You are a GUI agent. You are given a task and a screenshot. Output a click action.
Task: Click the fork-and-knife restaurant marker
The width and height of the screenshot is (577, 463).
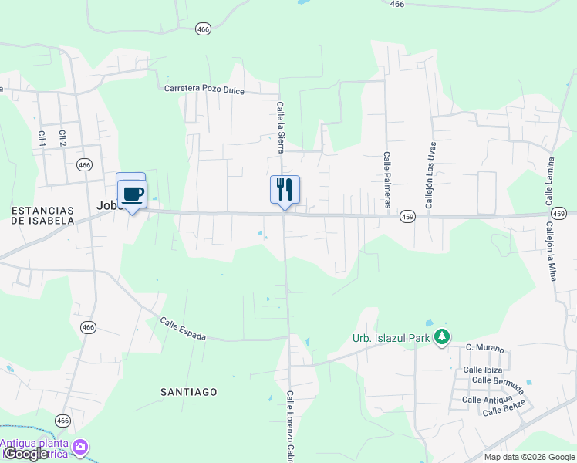click(285, 188)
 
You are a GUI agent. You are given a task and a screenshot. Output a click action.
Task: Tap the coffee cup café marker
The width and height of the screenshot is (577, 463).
click(132, 193)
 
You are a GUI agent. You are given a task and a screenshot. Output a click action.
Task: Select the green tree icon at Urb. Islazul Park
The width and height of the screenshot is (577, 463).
click(442, 337)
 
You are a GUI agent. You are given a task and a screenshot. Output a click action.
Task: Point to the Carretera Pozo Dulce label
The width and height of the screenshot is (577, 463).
click(204, 90)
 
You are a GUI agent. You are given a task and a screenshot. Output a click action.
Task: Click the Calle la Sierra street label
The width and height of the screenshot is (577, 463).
click(281, 127)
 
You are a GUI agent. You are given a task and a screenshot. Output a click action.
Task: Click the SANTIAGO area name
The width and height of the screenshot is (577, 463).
click(189, 392)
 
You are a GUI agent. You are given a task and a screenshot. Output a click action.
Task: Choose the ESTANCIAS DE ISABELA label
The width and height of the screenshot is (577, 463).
click(42, 215)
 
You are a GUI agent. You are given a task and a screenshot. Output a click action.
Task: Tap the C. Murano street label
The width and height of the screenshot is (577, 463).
click(484, 349)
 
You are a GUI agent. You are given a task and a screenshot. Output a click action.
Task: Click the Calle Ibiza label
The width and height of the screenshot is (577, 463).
click(484, 370)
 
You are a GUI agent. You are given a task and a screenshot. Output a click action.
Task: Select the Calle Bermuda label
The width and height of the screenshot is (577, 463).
click(498, 380)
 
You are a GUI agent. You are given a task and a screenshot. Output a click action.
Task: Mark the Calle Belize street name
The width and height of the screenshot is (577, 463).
click(504, 407)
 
